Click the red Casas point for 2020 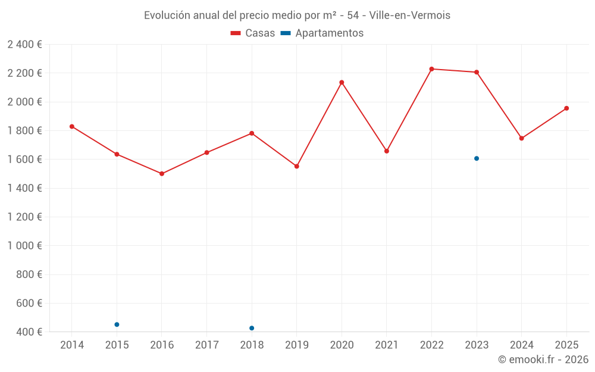[x=342, y=82]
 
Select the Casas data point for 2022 [x=431, y=69]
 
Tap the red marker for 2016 [x=162, y=174]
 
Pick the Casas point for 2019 [x=296, y=166]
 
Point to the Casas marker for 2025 [x=566, y=108]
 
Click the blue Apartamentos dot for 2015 [x=117, y=324]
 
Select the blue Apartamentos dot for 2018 [x=252, y=328]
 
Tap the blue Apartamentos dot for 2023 [x=477, y=158]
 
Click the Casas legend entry [x=253, y=33]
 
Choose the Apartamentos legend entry [x=322, y=33]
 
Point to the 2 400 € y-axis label [x=25, y=45]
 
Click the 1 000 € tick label [x=25, y=246]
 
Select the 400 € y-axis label [x=29, y=332]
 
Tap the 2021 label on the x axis [x=386, y=345]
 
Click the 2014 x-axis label [x=72, y=345]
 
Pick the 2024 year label [x=521, y=345]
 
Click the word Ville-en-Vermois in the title [x=410, y=15]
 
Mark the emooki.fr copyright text [x=543, y=360]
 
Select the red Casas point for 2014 [x=72, y=126]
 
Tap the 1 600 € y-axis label [x=25, y=160]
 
